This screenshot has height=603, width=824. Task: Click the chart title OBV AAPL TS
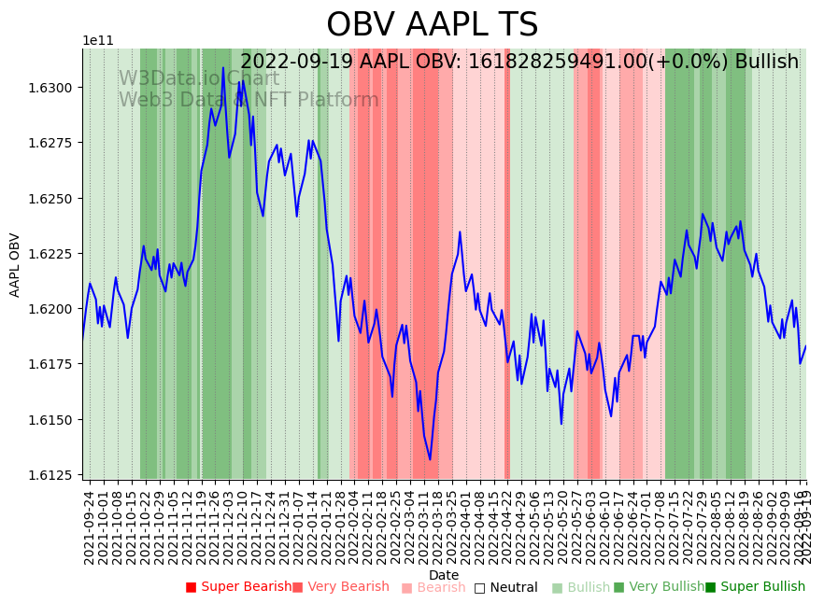pos(432,25)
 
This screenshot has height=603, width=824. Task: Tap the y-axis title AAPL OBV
pos(15,265)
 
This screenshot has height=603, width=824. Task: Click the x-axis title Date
pos(444,575)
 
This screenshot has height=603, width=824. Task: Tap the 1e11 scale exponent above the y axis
pos(98,41)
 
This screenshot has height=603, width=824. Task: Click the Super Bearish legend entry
pos(238,587)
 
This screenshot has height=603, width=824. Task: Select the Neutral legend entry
pos(505,587)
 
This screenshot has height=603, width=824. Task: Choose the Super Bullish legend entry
pos(755,587)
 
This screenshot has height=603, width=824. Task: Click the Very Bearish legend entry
pos(340,587)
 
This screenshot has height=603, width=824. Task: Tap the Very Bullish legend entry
pos(659,587)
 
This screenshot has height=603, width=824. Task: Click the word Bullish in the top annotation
pos(766,62)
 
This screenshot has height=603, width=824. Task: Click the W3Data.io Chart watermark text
pos(199,78)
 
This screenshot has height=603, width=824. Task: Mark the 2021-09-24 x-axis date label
pos(90,527)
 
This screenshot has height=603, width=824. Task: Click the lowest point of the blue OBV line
pos(430,459)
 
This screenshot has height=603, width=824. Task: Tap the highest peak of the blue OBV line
pos(223,67)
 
